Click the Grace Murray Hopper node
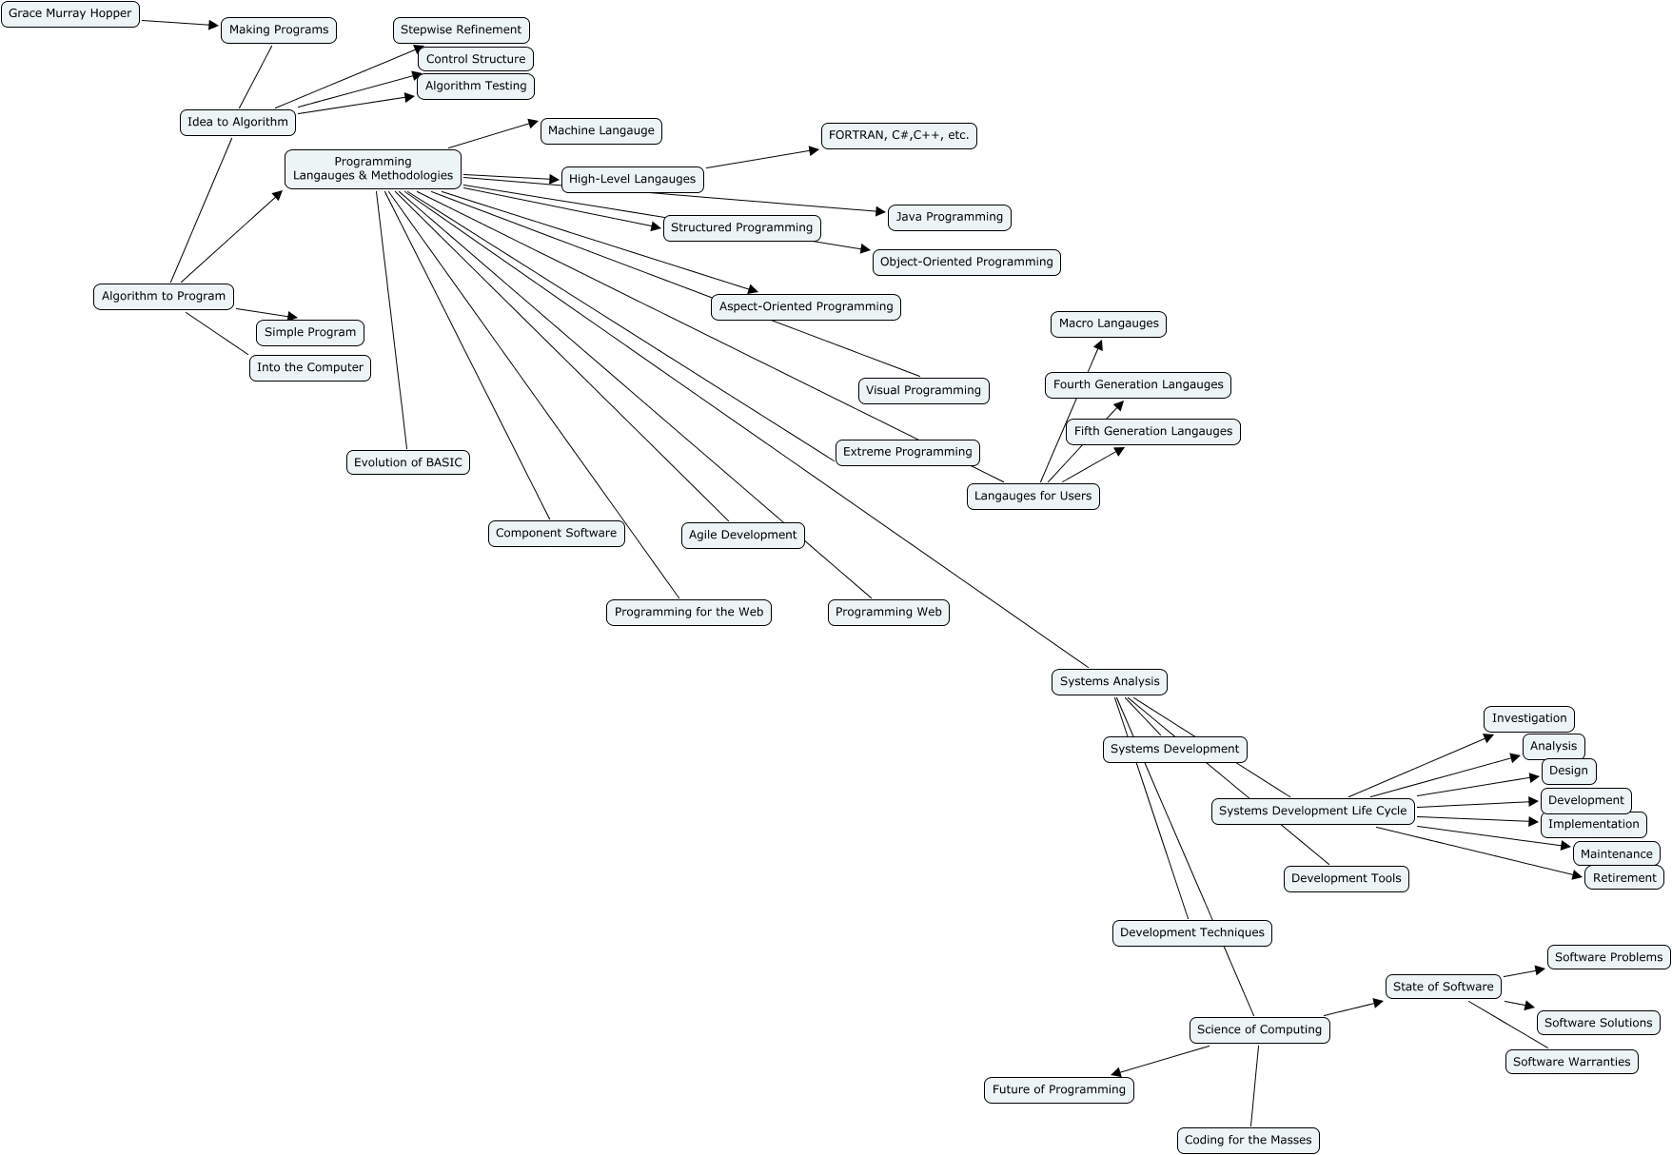70,14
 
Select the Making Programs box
279,30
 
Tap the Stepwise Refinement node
461,30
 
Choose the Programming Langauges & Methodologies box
373,169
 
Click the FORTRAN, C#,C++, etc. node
898,136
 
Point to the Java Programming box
949,217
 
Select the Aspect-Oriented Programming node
806,306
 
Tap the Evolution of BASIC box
407,462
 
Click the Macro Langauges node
1109,324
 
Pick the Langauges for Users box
1033,496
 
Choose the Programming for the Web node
689,612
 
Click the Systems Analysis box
1110,681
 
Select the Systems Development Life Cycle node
1312,811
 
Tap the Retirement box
1624,877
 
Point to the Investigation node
1529,718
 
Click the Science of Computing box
1259,1029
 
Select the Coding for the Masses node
1248,1140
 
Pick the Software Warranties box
1571,1062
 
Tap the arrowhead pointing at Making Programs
214,26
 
